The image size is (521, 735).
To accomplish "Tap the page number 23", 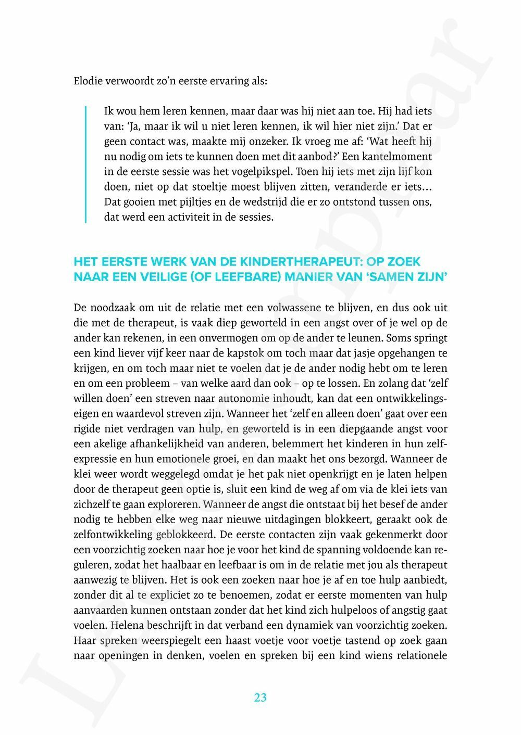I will (260, 698).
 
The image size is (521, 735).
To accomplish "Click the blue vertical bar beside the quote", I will (85, 164).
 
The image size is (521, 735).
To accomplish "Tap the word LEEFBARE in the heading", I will (242, 277).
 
